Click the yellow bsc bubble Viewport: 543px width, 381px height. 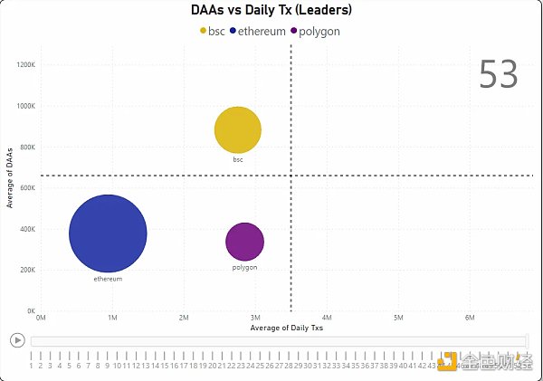coord(238,130)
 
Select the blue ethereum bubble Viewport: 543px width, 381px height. coord(108,233)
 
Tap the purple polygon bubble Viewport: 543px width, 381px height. coord(244,242)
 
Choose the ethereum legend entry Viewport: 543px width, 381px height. coord(261,31)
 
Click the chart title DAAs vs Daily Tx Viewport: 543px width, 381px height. coord(271,11)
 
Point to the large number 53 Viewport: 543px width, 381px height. coord(498,75)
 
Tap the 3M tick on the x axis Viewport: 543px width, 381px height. coord(255,318)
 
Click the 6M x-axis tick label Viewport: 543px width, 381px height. coord(470,318)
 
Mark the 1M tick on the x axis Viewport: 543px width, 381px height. coord(112,318)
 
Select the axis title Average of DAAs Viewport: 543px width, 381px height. coord(9,176)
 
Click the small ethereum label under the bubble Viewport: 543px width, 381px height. coord(108,279)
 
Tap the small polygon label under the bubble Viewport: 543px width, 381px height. coord(244,267)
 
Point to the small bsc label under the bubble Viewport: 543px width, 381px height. coord(238,159)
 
